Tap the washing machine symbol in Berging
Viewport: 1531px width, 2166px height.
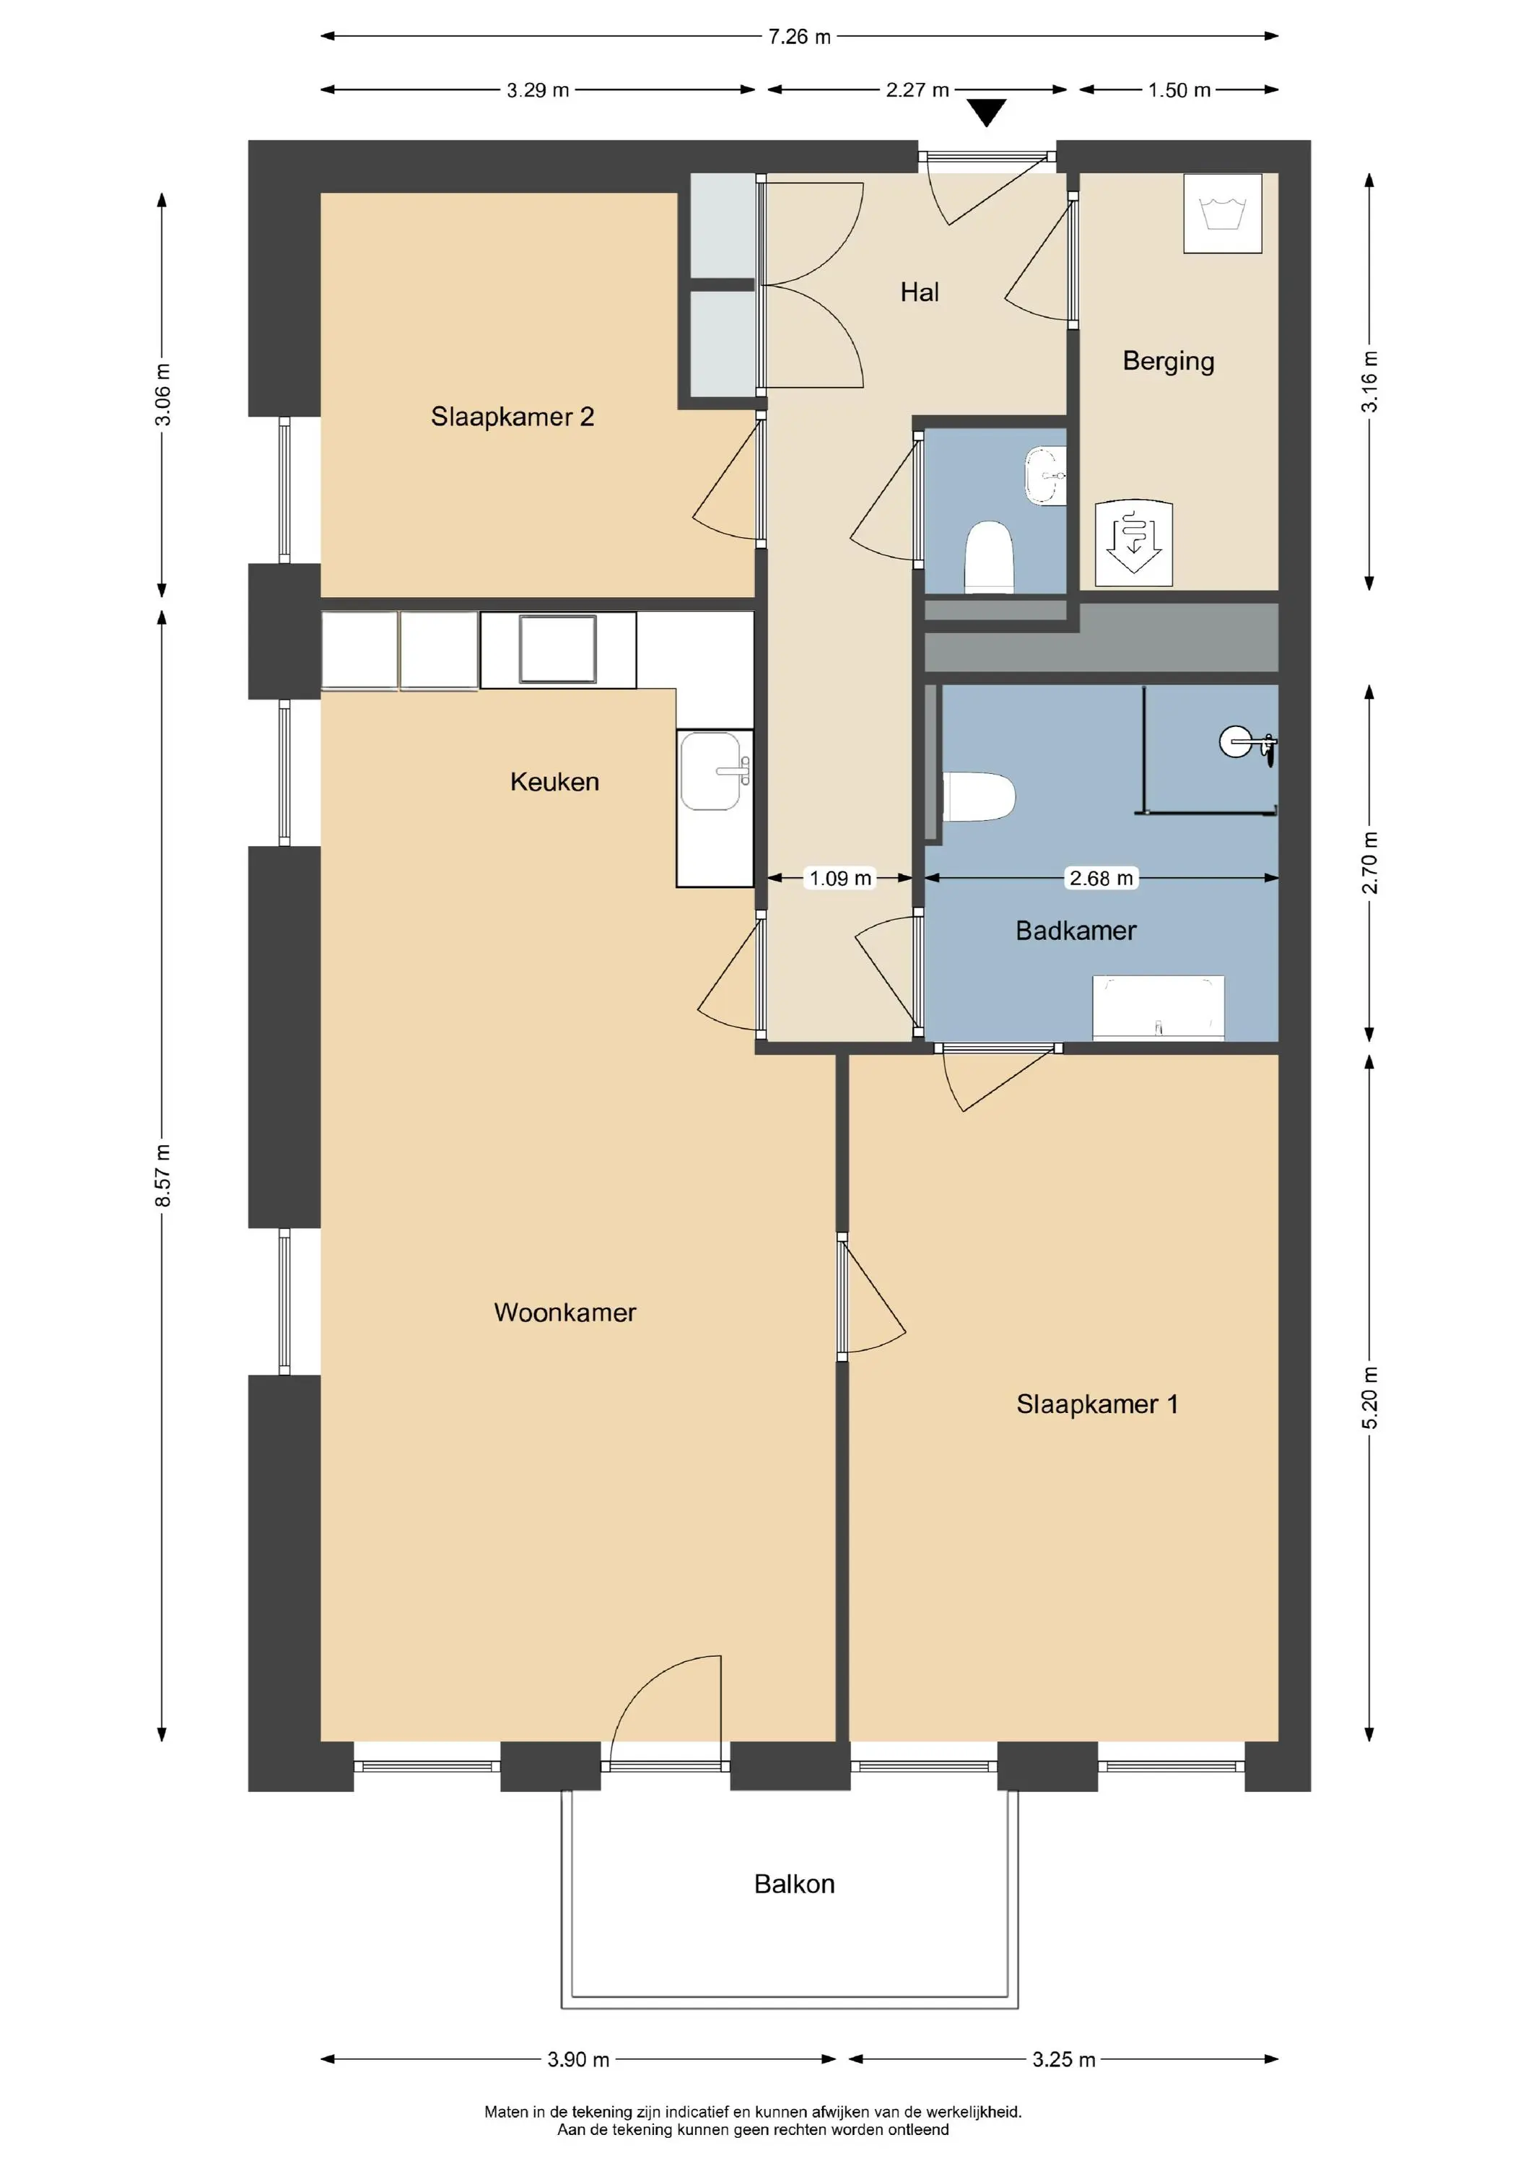click(x=1223, y=213)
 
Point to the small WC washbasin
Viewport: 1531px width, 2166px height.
click(x=1045, y=477)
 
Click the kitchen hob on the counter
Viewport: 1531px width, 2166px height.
click(x=557, y=649)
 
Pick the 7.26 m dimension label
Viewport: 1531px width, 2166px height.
click(x=799, y=37)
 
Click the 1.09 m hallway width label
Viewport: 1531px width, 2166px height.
click(x=840, y=878)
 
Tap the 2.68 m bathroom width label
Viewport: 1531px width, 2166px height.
click(x=1101, y=878)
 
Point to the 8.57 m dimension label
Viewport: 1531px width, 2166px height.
click(x=163, y=1175)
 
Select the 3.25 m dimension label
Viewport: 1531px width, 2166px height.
click(x=1063, y=2059)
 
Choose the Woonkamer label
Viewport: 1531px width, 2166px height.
click(x=565, y=1313)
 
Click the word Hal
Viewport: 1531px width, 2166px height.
click(x=920, y=292)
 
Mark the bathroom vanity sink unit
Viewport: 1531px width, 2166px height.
click(x=1159, y=1007)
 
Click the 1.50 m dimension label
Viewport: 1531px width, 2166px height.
click(x=1179, y=90)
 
